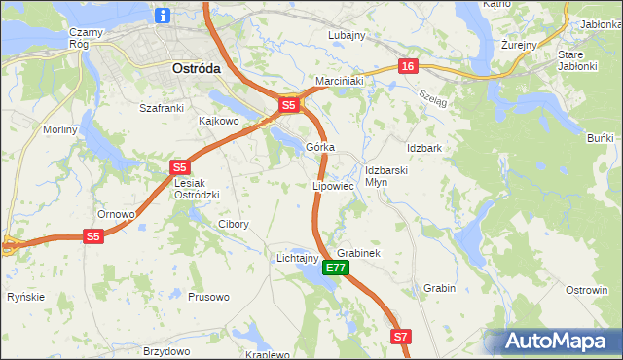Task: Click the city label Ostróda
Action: [x=196, y=69]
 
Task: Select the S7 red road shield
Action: [x=402, y=337]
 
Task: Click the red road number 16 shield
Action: [x=407, y=66]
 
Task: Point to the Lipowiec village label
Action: [x=332, y=185]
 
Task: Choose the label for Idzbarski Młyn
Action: [x=385, y=176]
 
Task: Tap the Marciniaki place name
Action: [x=338, y=81]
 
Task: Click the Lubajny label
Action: [x=346, y=35]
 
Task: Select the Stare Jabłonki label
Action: [x=583, y=61]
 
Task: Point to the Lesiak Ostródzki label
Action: [x=197, y=189]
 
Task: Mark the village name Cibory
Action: [x=234, y=224]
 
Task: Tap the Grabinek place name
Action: [x=357, y=253]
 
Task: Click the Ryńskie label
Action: [x=25, y=297]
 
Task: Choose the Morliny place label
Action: [x=59, y=129]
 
